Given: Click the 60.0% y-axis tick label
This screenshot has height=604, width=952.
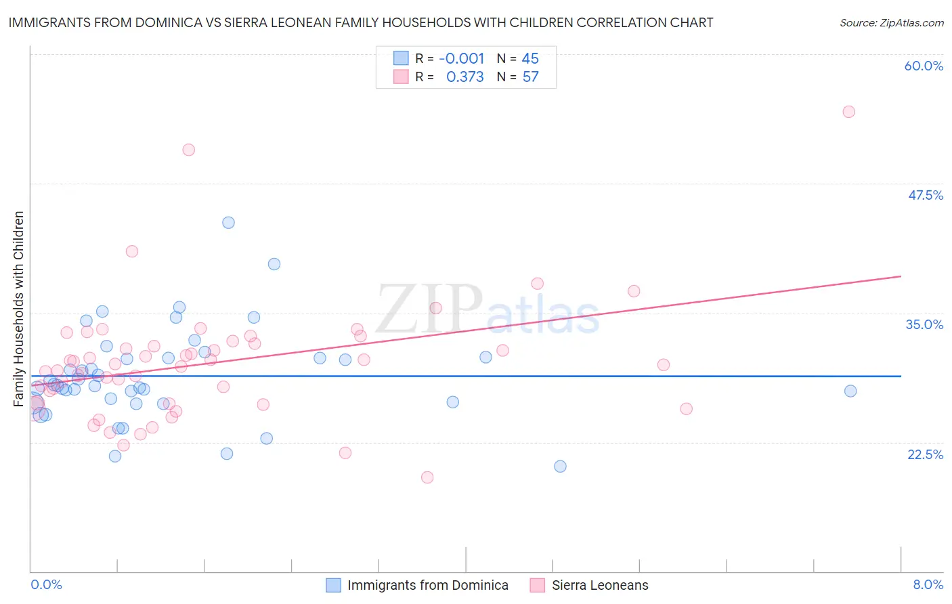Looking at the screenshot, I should tap(924, 66).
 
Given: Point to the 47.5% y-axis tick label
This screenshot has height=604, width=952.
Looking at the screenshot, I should tap(925, 195).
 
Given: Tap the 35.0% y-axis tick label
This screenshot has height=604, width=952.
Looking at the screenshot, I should tap(924, 324).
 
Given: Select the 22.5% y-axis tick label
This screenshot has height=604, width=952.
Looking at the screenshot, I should tap(925, 454).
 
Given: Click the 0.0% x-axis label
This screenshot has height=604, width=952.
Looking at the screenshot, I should tap(46, 584).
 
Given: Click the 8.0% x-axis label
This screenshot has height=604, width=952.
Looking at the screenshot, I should tap(928, 584).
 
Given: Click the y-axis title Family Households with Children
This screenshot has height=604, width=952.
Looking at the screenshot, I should tap(19, 309).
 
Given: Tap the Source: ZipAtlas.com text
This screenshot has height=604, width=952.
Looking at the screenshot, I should tap(891, 23).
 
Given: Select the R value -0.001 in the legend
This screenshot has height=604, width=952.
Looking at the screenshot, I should tap(462, 58).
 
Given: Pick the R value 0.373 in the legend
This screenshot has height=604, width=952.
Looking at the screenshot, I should tap(465, 77).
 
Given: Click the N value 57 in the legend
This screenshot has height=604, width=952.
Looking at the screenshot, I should tap(530, 77).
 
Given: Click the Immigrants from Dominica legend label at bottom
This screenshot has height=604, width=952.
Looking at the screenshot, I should tap(427, 585).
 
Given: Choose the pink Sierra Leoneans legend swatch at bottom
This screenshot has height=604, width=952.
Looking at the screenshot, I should tap(538, 585).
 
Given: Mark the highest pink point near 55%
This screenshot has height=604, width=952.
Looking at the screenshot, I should tap(848, 112).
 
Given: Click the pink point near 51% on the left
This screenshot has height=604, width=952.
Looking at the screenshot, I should tap(189, 150).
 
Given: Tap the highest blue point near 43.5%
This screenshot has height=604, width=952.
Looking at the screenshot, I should tap(228, 223).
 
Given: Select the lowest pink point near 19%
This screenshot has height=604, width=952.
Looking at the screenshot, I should tap(427, 477).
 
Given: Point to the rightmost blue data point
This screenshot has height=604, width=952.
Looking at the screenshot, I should tap(850, 391).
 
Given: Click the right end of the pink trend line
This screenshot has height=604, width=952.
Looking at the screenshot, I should tap(901, 276).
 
